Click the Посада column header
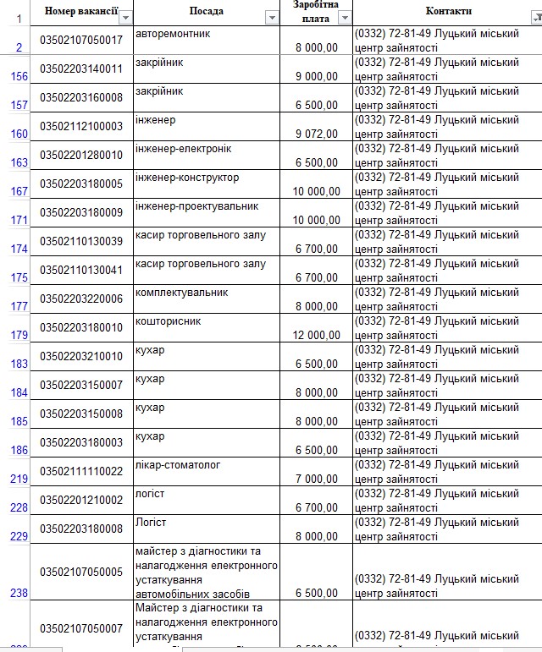click(207, 11)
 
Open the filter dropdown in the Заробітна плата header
click(344, 18)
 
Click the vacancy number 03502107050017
click(81, 41)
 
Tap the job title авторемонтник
click(173, 34)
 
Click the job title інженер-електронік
click(183, 149)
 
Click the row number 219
click(19, 479)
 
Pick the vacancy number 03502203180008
click(81, 529)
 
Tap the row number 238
click(19, 593)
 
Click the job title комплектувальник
click(181, 293)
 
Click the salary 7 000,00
click(317, 479)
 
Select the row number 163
click(19, 162)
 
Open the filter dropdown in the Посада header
click(272, 18)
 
